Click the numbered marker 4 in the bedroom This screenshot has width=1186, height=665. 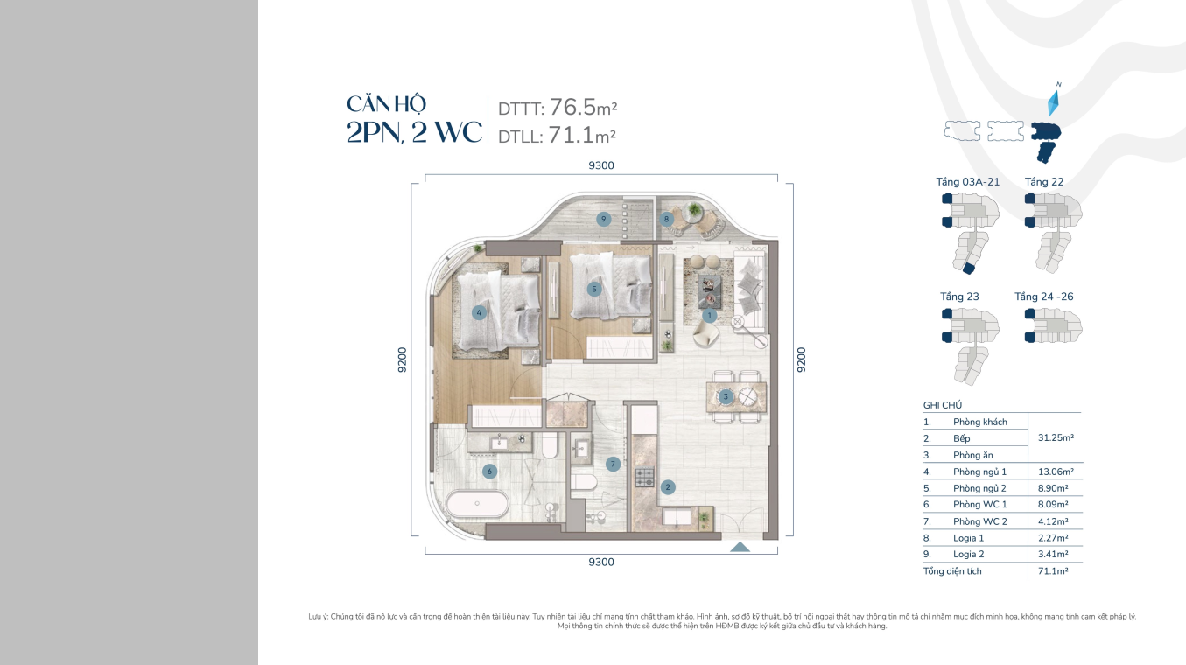479,313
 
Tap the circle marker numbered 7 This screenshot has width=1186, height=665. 613,465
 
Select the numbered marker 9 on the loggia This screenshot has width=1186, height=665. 604,219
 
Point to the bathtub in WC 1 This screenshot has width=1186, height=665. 477,504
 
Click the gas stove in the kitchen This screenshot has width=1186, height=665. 645,477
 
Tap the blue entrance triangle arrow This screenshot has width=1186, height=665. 740,547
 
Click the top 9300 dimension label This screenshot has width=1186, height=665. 601,165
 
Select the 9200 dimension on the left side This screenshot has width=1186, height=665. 403,360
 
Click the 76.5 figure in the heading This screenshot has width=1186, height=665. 573,107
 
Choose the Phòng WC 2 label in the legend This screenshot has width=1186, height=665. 980,521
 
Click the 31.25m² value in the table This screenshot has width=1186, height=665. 1056,437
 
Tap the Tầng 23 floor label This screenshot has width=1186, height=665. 959,297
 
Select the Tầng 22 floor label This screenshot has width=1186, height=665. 1043,182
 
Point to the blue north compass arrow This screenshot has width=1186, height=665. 1054,103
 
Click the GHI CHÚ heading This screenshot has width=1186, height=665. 943,405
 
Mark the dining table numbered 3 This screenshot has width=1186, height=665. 736,396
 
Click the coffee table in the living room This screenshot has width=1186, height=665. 710,291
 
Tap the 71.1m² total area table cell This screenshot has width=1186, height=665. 1053,570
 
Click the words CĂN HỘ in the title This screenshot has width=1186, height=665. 387,104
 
